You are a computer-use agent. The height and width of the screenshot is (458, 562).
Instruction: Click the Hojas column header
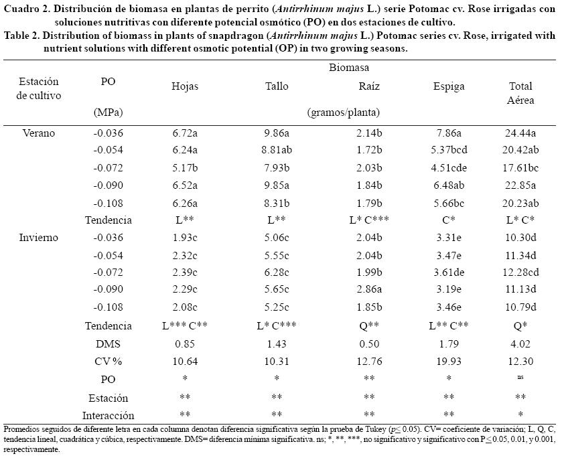click(x=185, y=86)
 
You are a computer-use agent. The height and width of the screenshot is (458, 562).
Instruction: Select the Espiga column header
click(x=449, y=86)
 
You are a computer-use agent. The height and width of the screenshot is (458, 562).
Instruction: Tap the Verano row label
click(x=39, y=133)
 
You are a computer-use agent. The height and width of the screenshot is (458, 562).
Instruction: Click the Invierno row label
click(x=39, y=237)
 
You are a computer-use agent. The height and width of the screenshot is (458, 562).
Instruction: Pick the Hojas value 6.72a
click(x=185, y=133)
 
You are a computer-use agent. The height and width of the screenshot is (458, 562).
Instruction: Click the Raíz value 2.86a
click(x=369, y=290)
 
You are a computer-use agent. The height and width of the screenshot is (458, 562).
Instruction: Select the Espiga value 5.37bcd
click(x=449, y=150)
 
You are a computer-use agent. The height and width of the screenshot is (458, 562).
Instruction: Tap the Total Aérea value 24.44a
click(x=520, y=133)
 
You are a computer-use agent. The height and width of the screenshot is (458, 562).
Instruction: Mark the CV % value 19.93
click(x=449, y=363)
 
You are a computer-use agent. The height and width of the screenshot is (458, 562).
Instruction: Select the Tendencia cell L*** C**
click(x=185, y=325)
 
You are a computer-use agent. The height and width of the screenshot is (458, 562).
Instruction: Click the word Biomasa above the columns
click(x=349, y=68)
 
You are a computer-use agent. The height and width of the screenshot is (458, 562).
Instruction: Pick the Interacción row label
click(x=108, y=415)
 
